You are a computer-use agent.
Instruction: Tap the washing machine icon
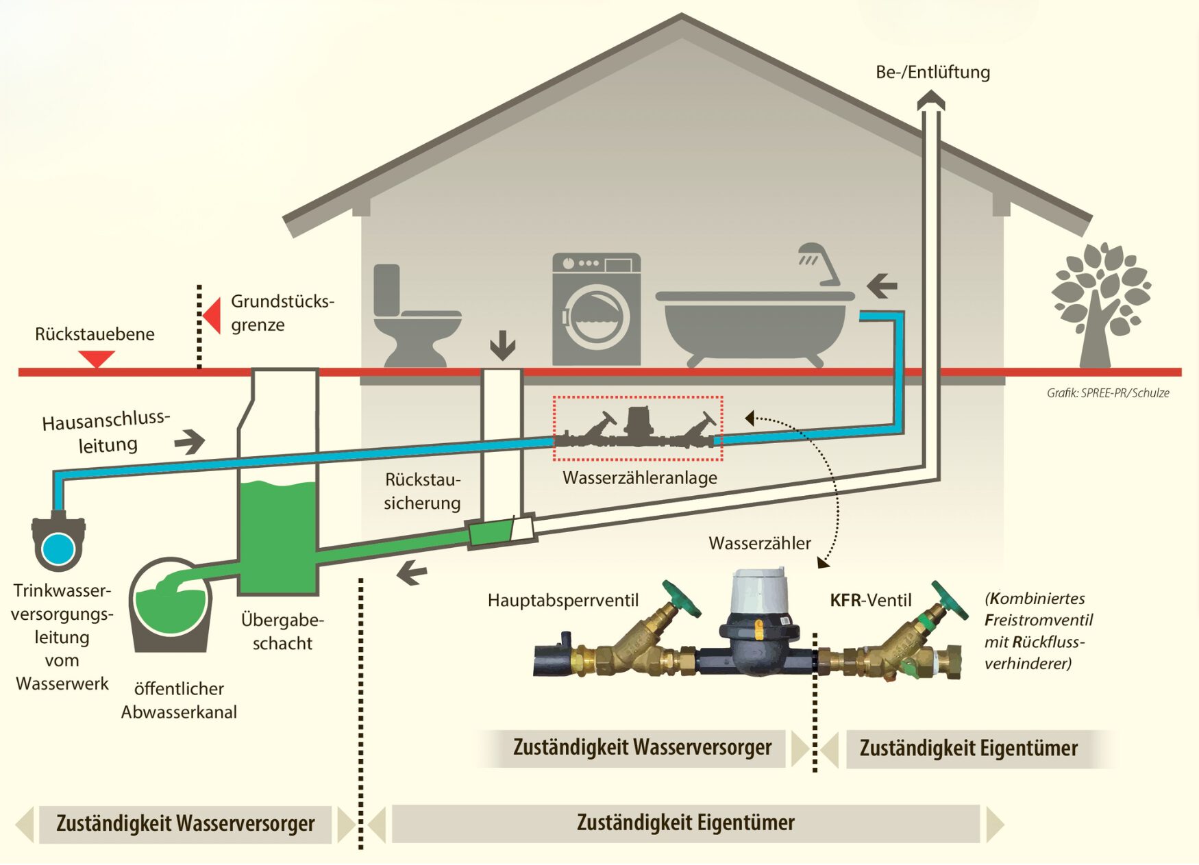pos(596,310)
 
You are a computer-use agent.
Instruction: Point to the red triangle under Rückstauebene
pos(96,358)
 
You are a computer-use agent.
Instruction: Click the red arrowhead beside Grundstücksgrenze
pos(212,315)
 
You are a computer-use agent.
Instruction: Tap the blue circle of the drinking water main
pos(58,549)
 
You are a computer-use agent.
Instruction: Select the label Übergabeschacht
pos(282,631)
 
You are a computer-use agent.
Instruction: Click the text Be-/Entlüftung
pos(932,72)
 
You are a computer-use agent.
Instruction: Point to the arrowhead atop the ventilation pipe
pos(930,101)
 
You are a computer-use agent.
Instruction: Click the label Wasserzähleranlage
pos(639,477)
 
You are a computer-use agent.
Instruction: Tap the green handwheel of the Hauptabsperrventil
pos(681,598)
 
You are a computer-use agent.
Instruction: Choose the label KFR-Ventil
pos(870,601)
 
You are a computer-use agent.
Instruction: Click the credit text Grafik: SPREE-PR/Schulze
pos(1107,393)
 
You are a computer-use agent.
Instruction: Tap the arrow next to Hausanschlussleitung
pos(190,442)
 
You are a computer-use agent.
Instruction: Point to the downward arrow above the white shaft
pos(502,345)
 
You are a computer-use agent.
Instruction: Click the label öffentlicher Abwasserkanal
pos(179,700)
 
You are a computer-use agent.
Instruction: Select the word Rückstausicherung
pos(422,491)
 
